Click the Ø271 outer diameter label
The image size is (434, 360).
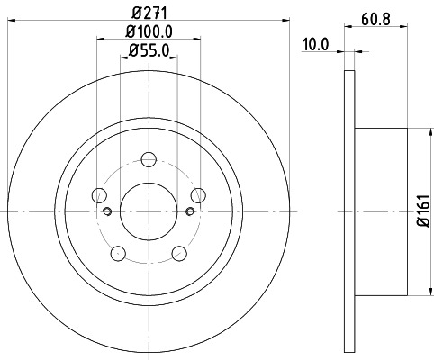click(x=148, y=13)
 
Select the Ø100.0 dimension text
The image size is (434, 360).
click(x=149, y=33)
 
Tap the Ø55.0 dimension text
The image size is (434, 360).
click(x=149, y=51)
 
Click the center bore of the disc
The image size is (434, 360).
click(x=147, y=211)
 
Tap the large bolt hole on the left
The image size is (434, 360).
click(x=99, y=196)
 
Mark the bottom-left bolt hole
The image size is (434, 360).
click(x=117, y=252)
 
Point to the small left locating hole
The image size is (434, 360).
click(x=107, y=212)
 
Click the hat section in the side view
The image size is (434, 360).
click(x=383, y=211)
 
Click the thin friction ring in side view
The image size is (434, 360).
click(x=349, y=211)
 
